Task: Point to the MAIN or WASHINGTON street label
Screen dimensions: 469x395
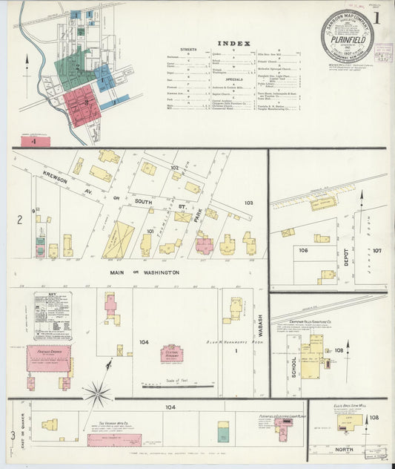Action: click(x=146, y=273)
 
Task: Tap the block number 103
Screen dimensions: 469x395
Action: click(x=249, y=202)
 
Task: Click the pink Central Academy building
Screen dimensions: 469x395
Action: click(x=172, y=353)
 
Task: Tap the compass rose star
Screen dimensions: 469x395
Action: click(x=97, y=393)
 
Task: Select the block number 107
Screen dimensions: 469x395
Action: click(x=376, y=250)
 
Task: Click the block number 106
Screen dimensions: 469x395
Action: click(x=303, y=250)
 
